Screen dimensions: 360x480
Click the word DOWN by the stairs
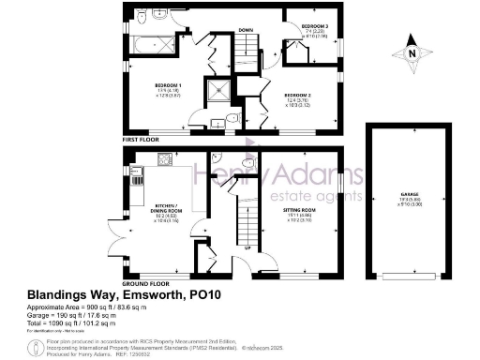click(x=246, y=31)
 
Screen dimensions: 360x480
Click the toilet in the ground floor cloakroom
click(x=247, y=164)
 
